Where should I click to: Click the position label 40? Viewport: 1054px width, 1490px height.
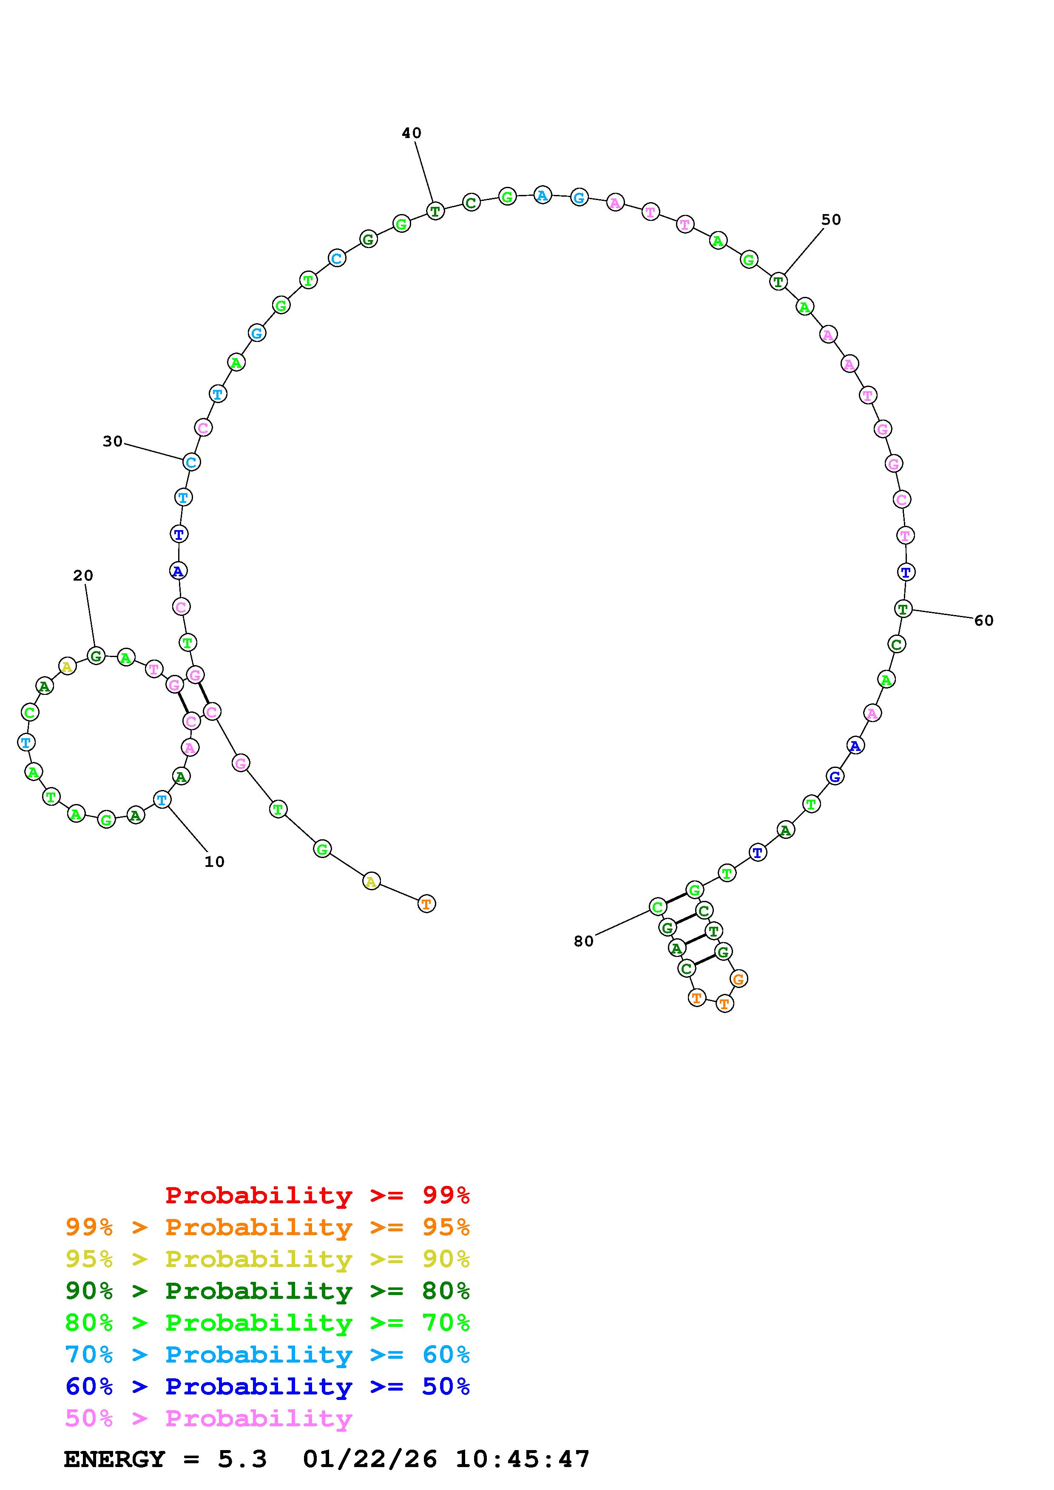coord(411,133)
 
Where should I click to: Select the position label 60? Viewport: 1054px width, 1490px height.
coord(983,621)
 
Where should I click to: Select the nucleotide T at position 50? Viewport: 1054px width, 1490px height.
coord(778,282)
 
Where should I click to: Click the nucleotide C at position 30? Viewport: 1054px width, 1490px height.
coord(191,462)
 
